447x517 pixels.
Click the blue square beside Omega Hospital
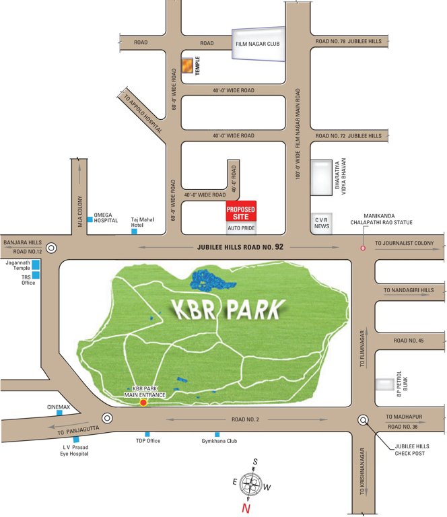click(x=90, y=219)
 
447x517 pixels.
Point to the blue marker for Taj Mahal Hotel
click(x=134, y=232)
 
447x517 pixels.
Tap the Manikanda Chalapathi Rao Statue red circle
click(x=363, y=248)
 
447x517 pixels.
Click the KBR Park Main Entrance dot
click(x=143, y=402)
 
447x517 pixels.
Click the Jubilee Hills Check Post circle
click(x=364, y=420)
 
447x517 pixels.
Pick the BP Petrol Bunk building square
click(x=386, y=384)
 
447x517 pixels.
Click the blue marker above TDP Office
click(x=147, y=434)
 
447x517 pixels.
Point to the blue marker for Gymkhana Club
click(x=217, y=434)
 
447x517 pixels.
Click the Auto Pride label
click(x=241, y=229)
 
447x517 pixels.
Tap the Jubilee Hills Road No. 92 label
click(x=241, y=247)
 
